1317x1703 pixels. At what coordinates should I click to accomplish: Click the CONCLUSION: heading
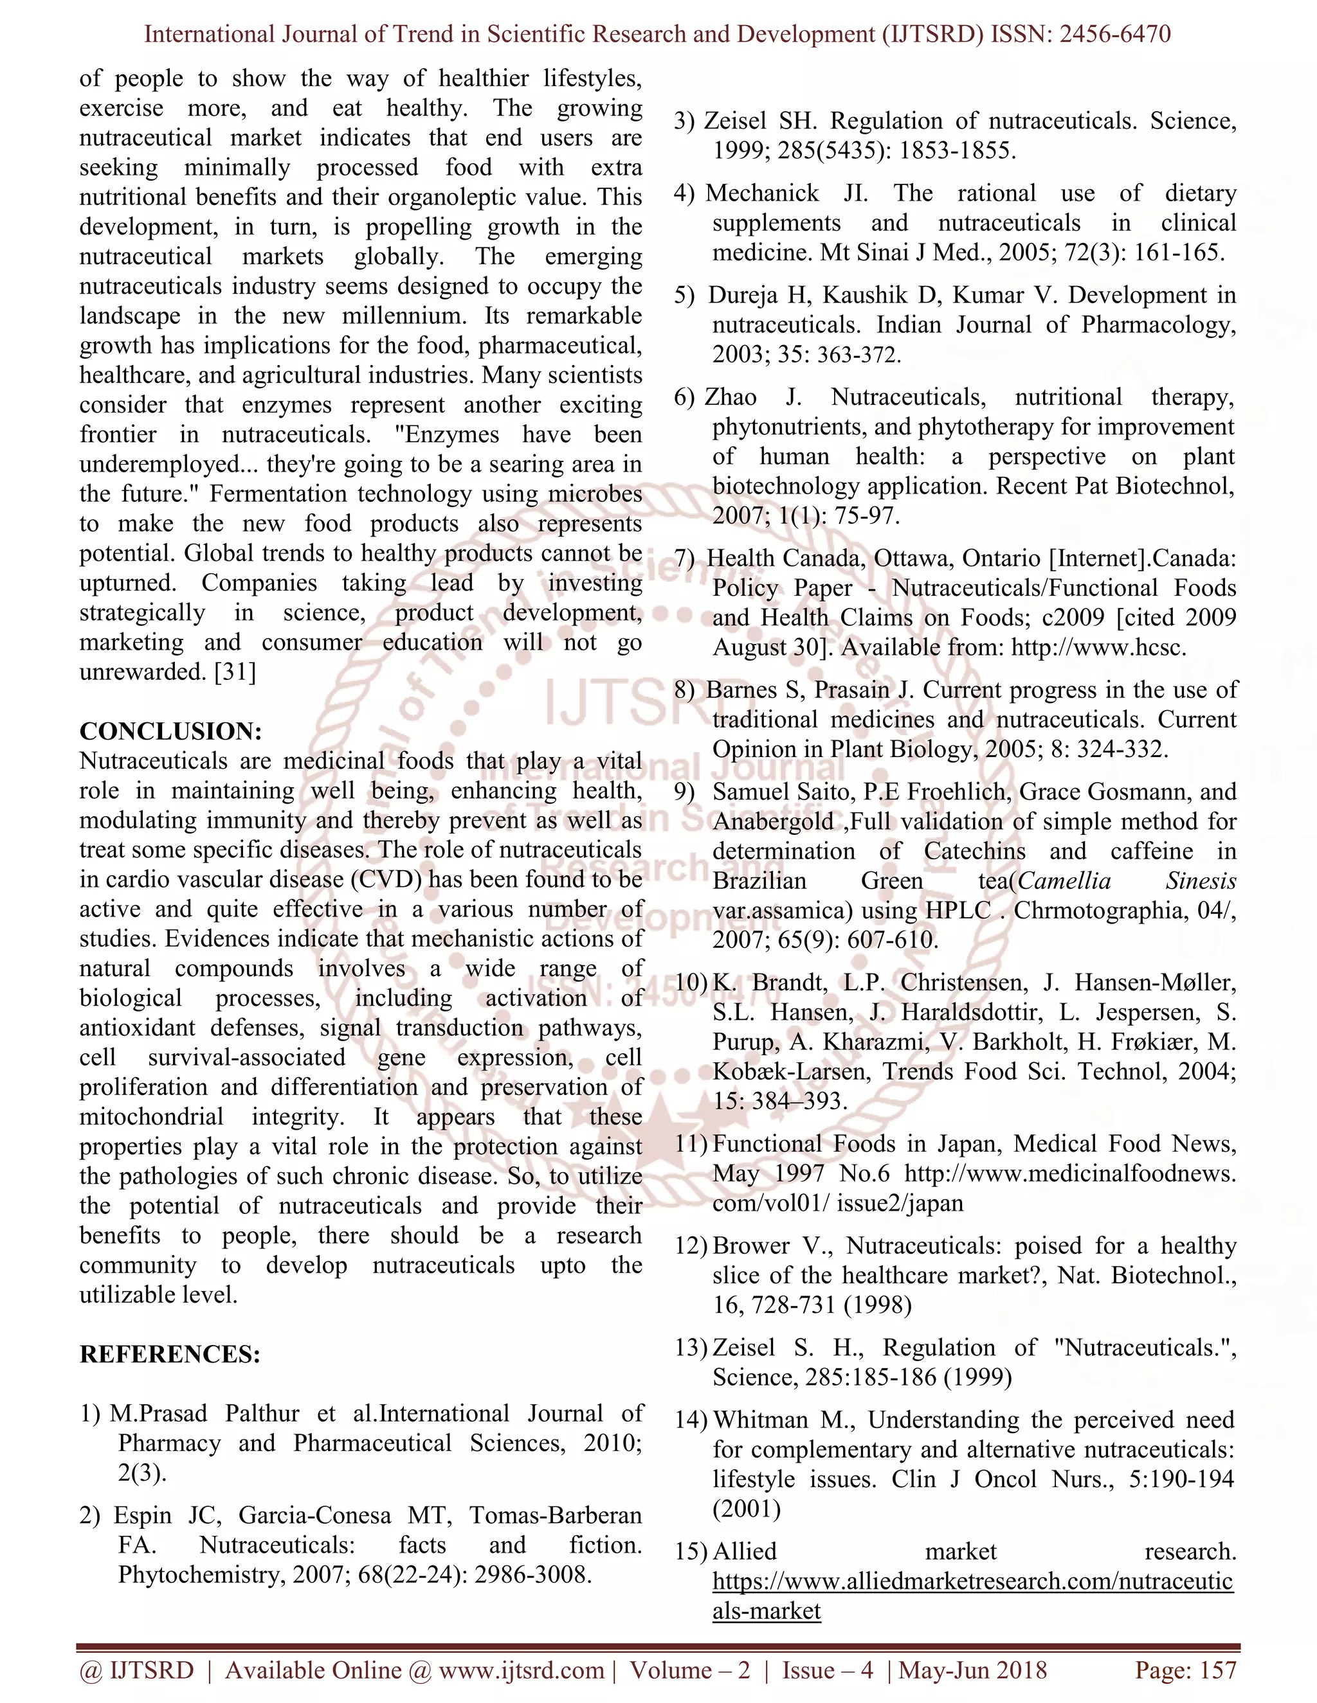(170, 731)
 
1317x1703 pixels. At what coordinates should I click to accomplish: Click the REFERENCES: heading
(169, 1355)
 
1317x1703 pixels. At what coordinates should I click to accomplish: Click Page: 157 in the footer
(1185, 1670)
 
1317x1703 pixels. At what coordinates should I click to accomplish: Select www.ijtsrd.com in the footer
(521, 1670)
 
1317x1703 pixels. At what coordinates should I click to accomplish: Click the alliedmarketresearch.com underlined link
(972, 1582)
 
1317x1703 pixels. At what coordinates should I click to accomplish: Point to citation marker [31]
(235, 672)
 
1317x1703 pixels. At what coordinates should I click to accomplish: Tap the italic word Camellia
(1064, 881)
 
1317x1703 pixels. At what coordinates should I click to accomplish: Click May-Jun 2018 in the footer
(972, 1670)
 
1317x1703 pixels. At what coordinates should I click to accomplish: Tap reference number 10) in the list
(690, 983)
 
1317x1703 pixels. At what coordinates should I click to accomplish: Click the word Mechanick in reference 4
(762, 193)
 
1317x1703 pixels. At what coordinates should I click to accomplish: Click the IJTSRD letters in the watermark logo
(616, 702)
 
